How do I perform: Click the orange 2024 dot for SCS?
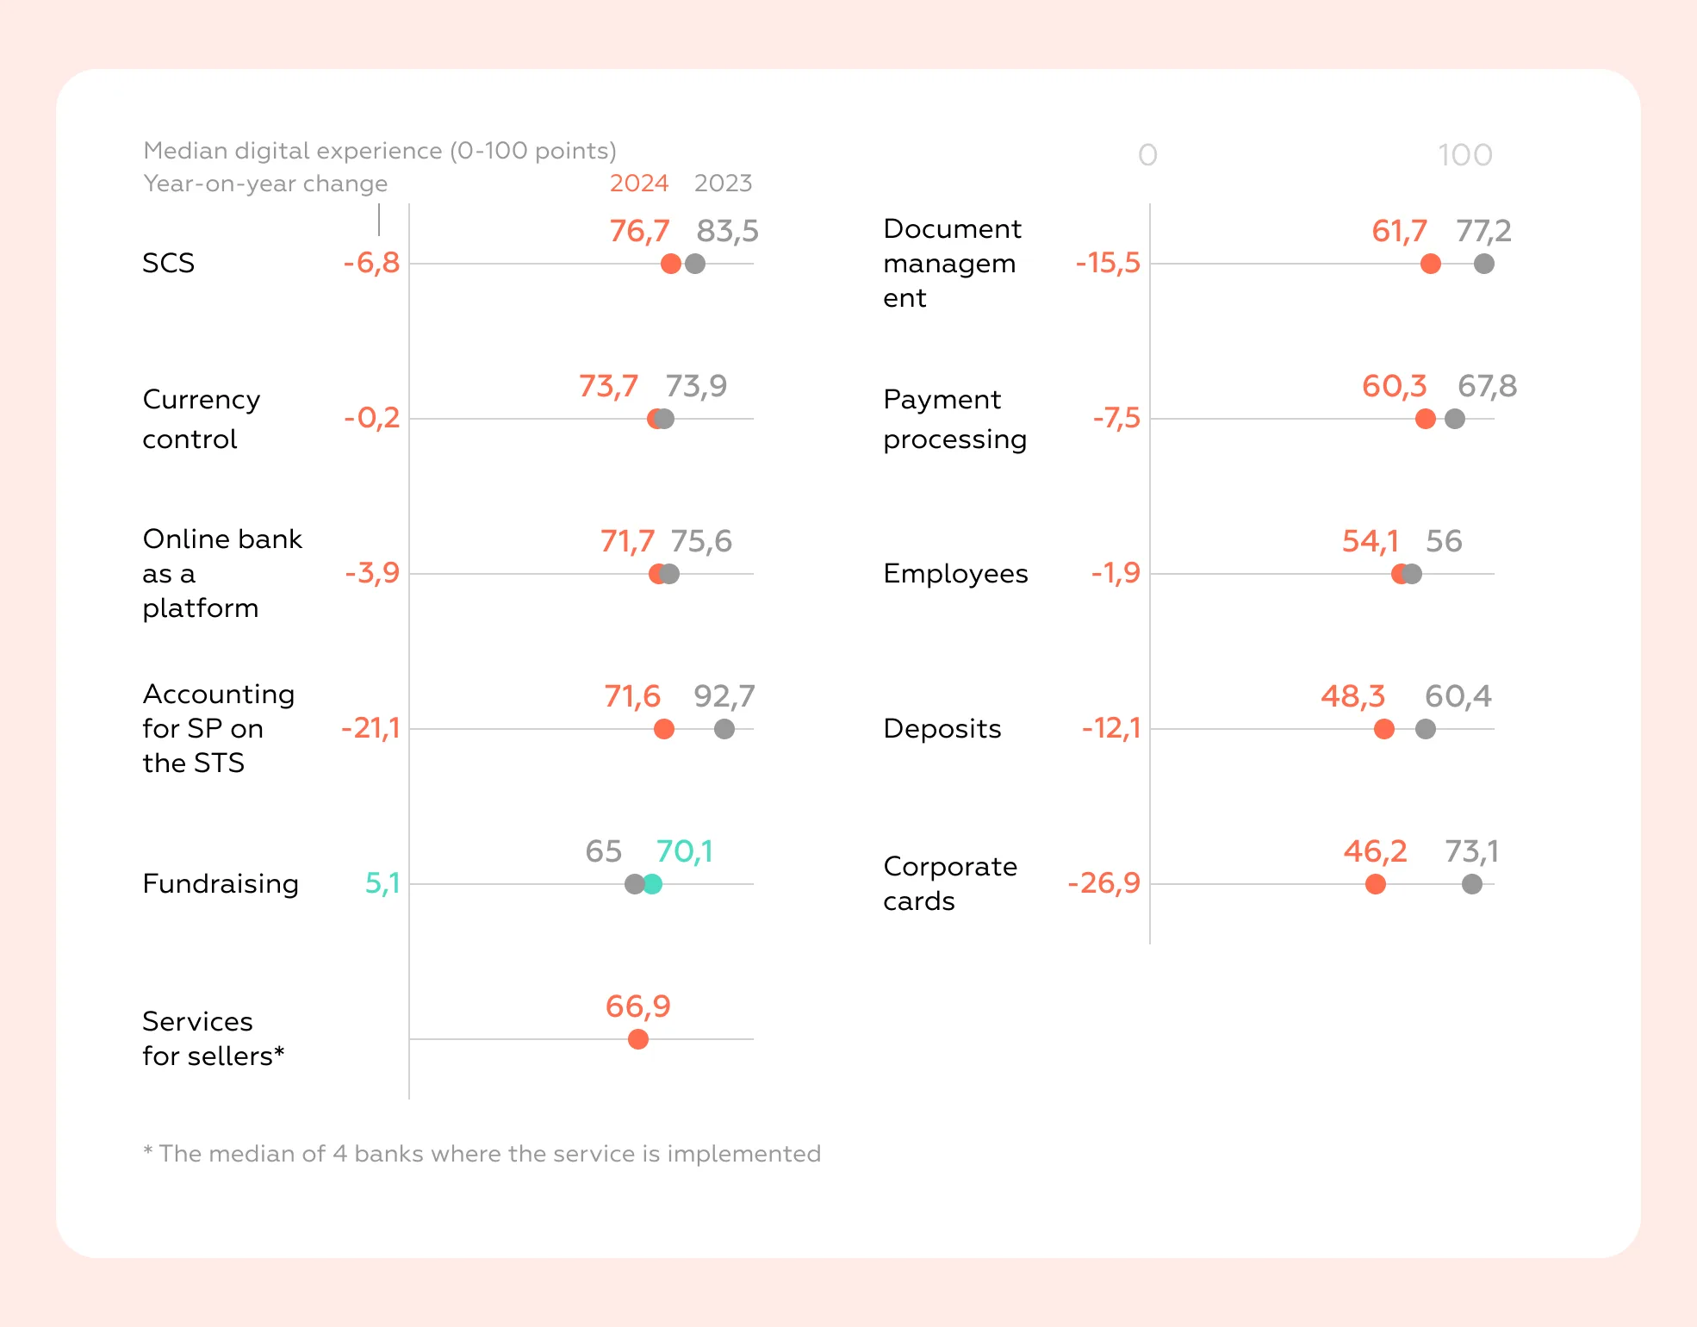pos(670,264)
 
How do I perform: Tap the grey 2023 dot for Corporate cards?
pos(1471,884)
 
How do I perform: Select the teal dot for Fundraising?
pos(652,884)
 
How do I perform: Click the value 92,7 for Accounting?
pos(724,696)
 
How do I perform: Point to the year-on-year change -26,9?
pos(1103,883)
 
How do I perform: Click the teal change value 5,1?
pos(382,883)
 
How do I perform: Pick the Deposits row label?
pos(942,729)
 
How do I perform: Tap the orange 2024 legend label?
pos(638,184)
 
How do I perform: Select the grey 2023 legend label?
pos(723,184)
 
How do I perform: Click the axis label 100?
pos(1464,156)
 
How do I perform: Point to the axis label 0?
pos(1147,156)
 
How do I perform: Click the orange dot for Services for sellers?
pos(637,1039)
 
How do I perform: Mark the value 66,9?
pos(637,1006)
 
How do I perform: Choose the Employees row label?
pos(955,574)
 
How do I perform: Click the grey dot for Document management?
pos(1483,264)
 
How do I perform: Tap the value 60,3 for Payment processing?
pos(1394,386)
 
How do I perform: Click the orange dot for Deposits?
pos(1383,729)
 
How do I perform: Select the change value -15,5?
pos(1107,263)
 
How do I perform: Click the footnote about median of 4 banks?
pos(482,1154)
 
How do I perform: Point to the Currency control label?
pos(201,419)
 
